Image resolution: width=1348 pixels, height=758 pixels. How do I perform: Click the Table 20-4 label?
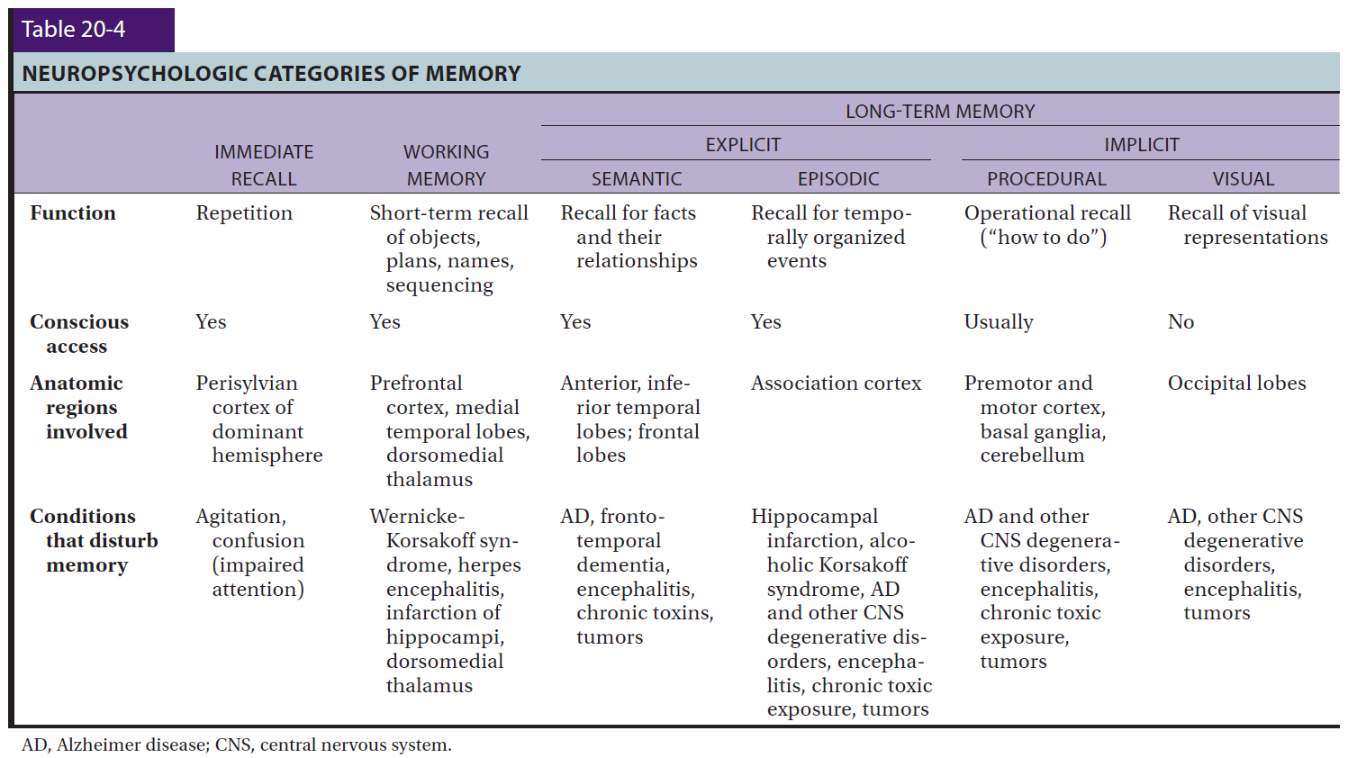[74, 29]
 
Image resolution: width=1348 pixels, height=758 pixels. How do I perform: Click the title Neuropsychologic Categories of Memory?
[271, 74]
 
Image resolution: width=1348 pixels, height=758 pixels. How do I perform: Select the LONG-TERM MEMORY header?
[940, 112]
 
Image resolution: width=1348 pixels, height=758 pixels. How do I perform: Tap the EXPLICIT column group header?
[743, 145]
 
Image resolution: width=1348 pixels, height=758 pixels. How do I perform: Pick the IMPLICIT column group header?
[1142, 145]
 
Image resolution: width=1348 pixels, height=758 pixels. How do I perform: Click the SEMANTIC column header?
[637, 178]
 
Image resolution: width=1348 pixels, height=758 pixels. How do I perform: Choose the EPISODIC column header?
[838, 178]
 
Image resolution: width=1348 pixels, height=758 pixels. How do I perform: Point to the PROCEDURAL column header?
[1046, 178]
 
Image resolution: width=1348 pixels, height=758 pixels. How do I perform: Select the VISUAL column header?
[1244, 178]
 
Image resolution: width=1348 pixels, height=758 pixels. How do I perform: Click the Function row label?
[73, 213]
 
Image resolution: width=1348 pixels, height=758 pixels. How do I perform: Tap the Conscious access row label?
[79, 334]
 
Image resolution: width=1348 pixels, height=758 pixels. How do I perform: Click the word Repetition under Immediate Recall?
[244, 213]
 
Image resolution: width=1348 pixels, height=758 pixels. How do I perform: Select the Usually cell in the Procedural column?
[999, 322]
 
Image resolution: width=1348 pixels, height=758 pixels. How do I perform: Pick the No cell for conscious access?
[1181, 322]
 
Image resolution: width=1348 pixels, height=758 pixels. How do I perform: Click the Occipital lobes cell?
[1236, 384]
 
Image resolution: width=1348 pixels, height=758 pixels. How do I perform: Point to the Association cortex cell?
[836, 384]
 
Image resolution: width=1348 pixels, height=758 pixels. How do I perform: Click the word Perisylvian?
[247, 384]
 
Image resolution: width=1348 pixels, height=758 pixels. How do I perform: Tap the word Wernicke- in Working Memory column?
[417, 516]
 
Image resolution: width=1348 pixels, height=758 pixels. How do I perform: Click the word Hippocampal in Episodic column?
[814, 517]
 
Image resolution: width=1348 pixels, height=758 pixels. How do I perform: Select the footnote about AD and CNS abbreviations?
[237, 744]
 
